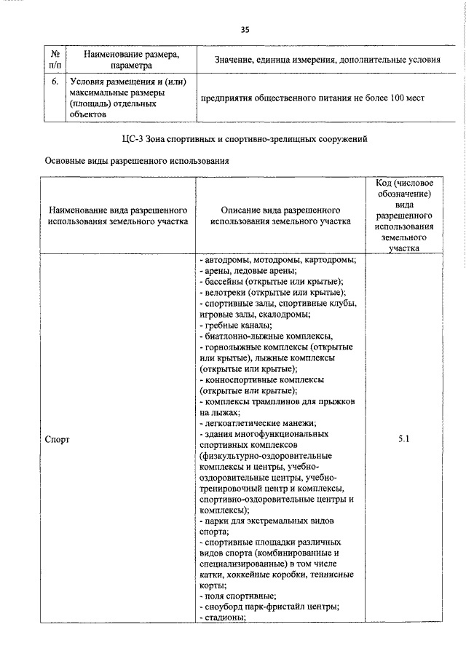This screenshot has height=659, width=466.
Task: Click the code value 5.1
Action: [406, 439]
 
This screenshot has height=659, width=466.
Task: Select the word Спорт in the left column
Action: [58, 440]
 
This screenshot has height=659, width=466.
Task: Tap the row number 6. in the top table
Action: [55, 82]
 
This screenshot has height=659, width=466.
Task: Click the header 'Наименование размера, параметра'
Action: [130, 60]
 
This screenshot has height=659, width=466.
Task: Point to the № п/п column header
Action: [55, 60]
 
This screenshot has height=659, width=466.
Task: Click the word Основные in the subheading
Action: [66, 162]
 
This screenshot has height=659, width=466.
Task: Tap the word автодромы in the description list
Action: [232, 260]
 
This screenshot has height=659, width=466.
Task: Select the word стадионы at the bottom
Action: [225, 618]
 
